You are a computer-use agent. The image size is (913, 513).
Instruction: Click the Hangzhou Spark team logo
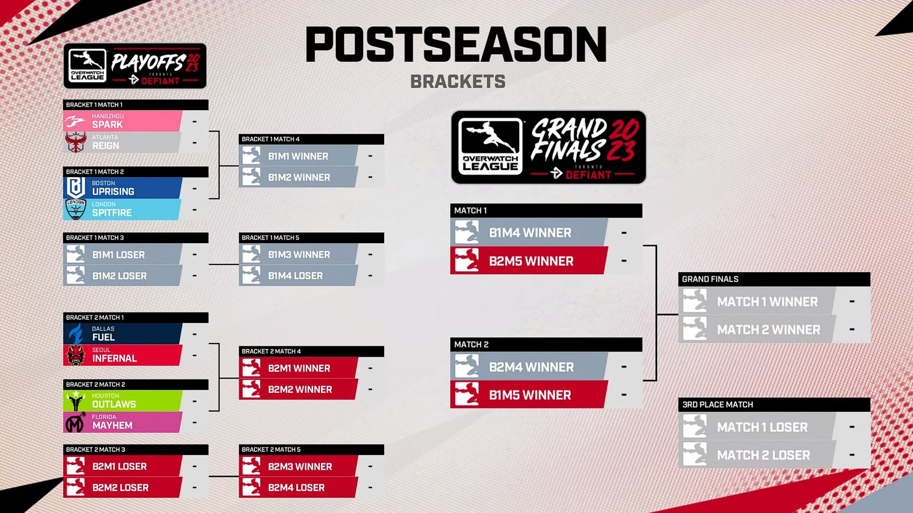[76, 122]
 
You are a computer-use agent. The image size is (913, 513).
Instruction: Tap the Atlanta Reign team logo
[76, 142]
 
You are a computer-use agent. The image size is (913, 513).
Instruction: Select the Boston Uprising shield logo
[76, 188]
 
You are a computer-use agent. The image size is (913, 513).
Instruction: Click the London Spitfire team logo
[76, 209]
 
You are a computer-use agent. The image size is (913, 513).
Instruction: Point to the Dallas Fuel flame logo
[76, 333]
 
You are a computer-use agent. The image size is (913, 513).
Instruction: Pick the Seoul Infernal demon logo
[76, 355]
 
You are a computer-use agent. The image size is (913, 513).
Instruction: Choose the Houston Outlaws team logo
[76, 401]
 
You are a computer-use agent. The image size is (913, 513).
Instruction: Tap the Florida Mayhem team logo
[76, 422]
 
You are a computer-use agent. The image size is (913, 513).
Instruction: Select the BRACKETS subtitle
[457, 82]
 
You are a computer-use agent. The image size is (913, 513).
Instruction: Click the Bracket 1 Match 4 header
[271, 139]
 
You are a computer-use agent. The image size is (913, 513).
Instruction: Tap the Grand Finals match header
[710, 279]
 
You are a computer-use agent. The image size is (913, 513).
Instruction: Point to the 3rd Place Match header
[718, 405]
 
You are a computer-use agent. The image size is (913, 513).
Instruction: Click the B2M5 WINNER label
[531, 261]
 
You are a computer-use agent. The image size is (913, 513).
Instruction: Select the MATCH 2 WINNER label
[768, 330]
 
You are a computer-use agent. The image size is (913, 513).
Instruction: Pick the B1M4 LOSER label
[295, 276]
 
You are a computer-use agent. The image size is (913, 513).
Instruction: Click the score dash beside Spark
[194, 122]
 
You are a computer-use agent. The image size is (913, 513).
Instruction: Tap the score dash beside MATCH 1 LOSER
[852, 427]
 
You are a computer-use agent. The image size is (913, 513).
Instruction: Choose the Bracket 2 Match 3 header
[96, 450]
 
